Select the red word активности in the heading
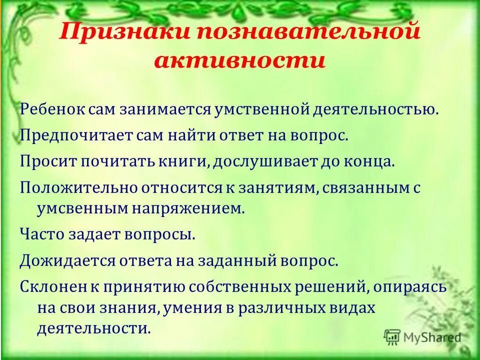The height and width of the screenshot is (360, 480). [x=240, y=61]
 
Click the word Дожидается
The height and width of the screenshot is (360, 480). [x=61, y=260]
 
